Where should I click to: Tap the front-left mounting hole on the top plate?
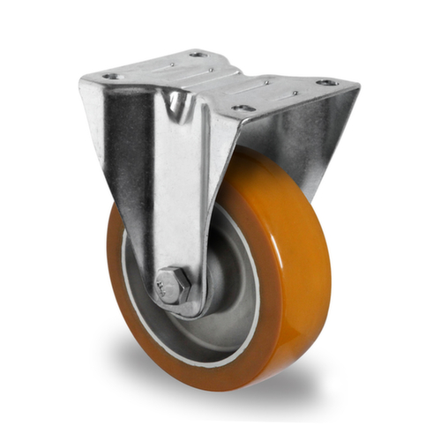point(112,77)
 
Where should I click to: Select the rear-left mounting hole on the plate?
point(198,54)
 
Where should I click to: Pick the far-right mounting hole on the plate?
point(327,82)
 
